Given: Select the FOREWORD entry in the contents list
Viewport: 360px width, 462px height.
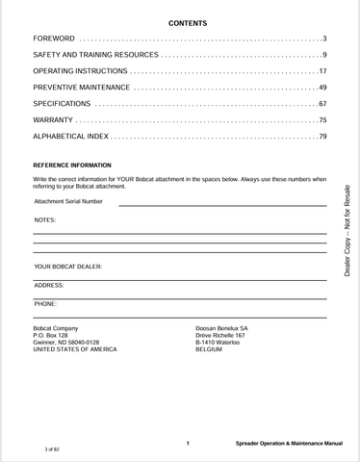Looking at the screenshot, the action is pos(55,38).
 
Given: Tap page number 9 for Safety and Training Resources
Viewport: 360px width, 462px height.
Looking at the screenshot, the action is pos(323,55).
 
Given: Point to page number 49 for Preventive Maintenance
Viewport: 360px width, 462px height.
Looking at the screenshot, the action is pos(321,88).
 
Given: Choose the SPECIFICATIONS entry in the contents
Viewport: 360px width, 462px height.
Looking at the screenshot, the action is pos(63,104).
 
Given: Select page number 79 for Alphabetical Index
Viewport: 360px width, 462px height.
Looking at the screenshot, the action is pos(321,137).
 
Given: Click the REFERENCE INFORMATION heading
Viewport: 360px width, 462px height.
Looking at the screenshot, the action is pos(72,166).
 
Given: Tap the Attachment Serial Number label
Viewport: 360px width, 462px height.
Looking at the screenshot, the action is pos(68,201).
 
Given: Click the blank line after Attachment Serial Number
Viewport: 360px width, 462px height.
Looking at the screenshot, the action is pos(221,204).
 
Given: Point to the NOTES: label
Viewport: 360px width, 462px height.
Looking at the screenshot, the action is pos(45,220).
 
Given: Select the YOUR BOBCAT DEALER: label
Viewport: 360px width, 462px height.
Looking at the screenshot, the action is pos(68,266).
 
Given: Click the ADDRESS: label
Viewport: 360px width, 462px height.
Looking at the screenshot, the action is pos(49,285).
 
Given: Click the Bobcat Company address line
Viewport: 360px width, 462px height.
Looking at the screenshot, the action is pos(56,327).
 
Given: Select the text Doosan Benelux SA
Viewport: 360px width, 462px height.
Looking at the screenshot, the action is pos(221,327).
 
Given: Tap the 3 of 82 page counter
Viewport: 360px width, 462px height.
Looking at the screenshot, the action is pos(52,449).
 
